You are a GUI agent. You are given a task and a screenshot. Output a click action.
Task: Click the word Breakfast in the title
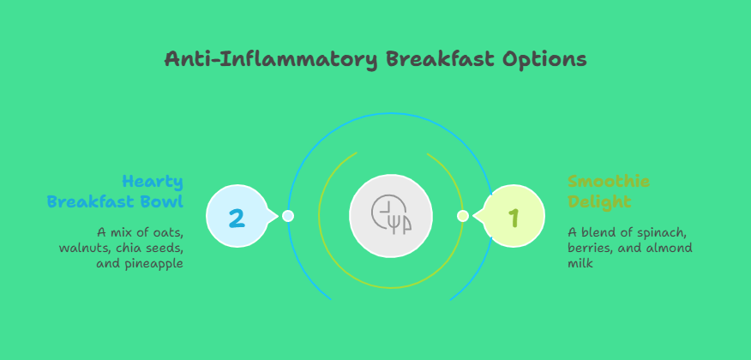(x=440, y=59)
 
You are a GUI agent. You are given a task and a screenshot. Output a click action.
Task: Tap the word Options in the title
(x=544, y=60)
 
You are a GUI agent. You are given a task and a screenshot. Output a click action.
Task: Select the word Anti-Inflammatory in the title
(x=271, y=60)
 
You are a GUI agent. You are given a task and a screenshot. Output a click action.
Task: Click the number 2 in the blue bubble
(x=237, y=218)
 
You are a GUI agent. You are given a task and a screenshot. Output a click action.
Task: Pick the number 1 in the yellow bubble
(x=514, y=218)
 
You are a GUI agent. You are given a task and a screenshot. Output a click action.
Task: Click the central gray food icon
(x=391, y=215)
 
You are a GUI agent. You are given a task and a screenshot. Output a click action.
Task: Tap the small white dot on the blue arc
(x=288, y=216)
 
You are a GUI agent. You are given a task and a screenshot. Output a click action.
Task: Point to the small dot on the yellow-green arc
(x=463, y=216)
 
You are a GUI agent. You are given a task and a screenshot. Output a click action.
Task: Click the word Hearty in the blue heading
(x=153, y=183)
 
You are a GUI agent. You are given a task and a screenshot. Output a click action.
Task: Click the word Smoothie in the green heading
(x=609, y=182)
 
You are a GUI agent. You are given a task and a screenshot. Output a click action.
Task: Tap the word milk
(x=580, y=263)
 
